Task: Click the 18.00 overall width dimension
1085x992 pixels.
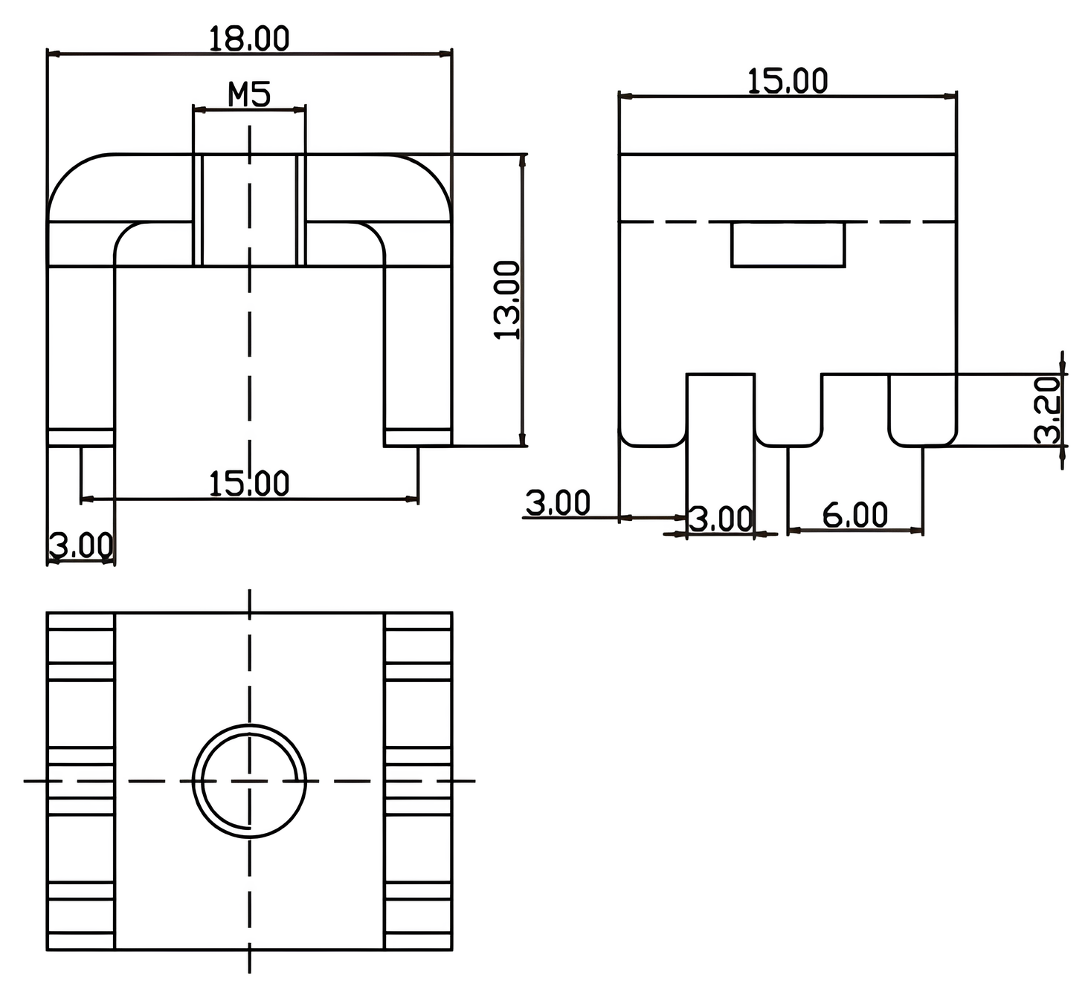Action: pos(248,39)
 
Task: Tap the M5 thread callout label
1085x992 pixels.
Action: pos(249,94)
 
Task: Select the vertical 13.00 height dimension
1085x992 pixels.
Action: pos(508,299)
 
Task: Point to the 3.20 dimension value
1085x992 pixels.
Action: pos(1048,409)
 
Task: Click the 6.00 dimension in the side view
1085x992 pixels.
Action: pos(855,515)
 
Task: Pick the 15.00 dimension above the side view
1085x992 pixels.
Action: pos(787,81)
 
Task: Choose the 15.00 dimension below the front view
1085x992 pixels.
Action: pos(248,484)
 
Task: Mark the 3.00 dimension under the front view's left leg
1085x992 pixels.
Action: pos(80,545)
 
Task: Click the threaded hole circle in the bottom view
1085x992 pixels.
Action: pos(249,780)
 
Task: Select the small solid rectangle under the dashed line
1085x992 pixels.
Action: pos(788,244)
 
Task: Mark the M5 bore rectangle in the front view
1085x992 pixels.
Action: pos(249,210)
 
